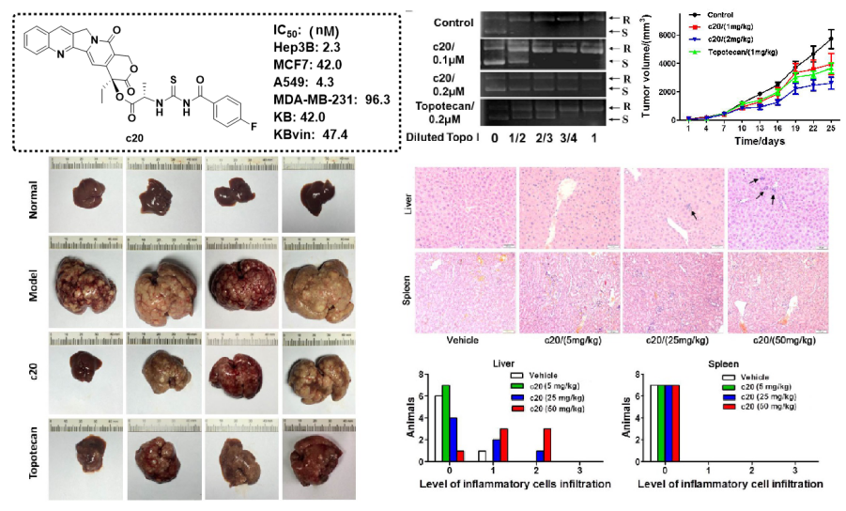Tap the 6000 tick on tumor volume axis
pos(673,35)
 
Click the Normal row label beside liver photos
pos(35,199)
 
